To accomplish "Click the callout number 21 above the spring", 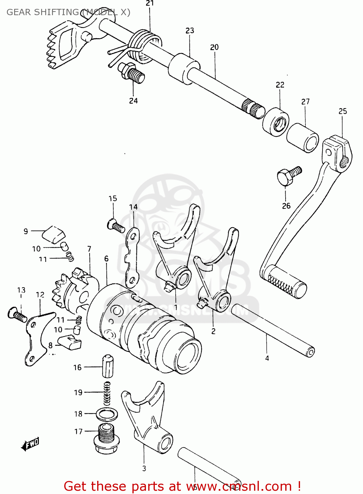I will pyautogui.click(x=150, y=4).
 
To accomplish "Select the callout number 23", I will pyautogui.click(x=190, y=31).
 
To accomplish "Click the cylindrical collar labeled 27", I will pyautogui.click(x=302, y=138).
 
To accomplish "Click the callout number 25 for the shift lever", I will pyautogui.click(x=343, y=111).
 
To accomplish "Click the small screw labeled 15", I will pyautogui.click(x=115, y=226).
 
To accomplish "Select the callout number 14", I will pyautogui.click(x=133, y=207).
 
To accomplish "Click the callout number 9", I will pyautogui.click(x=26, y=231).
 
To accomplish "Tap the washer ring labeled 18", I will pyautogui.click(x=107, y=414).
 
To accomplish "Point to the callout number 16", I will pyautogui.click(x=77, y=368).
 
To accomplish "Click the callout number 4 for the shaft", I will pyautogui.click(x=267, y=358).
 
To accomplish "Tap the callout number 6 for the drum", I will pyautogui.click(x=106, y=259).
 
